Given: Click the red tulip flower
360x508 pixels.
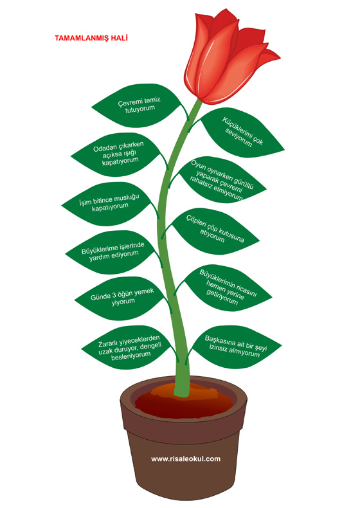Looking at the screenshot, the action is [x=227, y=59].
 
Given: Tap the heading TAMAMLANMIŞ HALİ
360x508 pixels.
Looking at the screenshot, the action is [x=91, y=38].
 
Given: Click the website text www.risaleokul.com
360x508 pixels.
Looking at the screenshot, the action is [x=186, y=458].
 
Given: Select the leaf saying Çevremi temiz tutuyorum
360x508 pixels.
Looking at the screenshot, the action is [x=138, y=105].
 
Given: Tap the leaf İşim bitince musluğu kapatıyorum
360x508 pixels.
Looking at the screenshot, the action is [x=109, y=203].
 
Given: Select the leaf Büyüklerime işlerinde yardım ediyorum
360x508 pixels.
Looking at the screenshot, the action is [x=113, y=252].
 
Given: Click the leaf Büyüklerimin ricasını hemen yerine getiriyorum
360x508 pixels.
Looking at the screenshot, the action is [x=225, y=287].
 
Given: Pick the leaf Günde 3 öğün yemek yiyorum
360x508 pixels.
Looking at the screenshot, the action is [x=122, y=298].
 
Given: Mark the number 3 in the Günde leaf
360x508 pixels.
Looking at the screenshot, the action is [x=114, y=295].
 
